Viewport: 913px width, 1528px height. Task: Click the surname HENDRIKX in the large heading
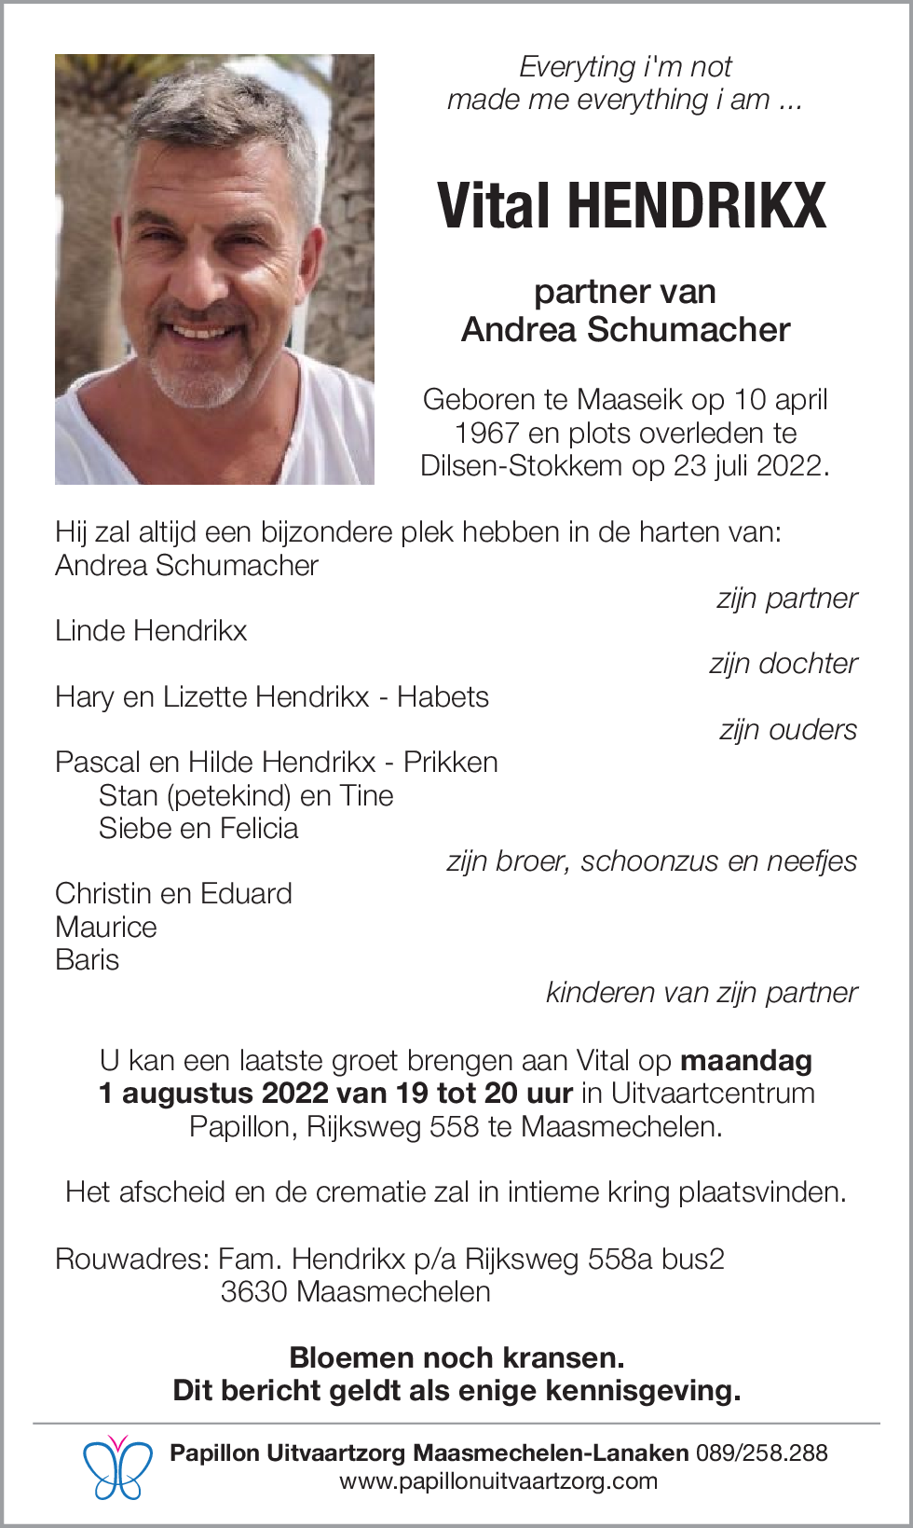(x=696, y=206)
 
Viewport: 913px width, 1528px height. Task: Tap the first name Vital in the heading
(x=495, y=206)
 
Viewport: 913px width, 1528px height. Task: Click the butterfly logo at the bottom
(x=117, y=1467)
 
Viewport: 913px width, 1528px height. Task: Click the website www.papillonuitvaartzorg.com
(x=497, y=1481)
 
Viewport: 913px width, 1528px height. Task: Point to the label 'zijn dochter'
(x=783, y=664)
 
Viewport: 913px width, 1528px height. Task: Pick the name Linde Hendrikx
(x=151, y=631)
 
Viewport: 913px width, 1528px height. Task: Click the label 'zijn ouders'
(x=787, y=730)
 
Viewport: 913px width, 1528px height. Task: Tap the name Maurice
(x=106, y=927)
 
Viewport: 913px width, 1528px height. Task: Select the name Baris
(x=88, y=960)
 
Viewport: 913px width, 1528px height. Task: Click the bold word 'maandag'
(x=746, y=1061)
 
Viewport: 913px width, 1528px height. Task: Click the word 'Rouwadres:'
(x=132, y=1260)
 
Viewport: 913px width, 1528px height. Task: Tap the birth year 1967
(x=486, y=434)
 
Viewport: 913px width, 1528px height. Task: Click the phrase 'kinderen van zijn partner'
(x=701, y=993)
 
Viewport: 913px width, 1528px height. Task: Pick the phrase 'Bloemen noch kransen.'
(x=456, y=1357)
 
